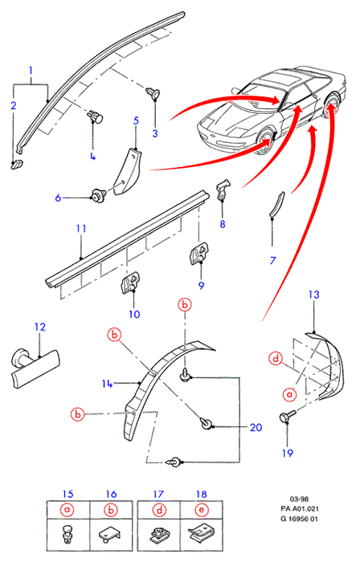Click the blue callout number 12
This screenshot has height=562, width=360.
[40, 327]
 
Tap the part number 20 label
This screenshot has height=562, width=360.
[256, 427]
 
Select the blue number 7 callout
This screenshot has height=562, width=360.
[273, 260]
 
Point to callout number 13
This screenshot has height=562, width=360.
[313, 295]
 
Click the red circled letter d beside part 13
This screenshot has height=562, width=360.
[276, 358]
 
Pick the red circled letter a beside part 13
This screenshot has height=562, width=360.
[289, 394]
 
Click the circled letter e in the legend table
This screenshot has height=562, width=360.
[202, 510]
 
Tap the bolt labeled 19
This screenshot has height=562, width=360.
[287, 416]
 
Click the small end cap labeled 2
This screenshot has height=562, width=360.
[17, 165]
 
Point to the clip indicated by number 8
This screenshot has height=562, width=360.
[223, 189]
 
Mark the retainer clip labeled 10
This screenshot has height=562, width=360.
[130, 283]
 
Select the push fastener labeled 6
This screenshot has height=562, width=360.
[98, 195]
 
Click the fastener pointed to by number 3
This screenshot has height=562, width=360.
[153, 92]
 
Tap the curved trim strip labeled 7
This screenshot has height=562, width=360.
[276, 205]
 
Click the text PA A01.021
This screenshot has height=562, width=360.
[300, 508]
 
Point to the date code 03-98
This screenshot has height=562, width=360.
[299, 499]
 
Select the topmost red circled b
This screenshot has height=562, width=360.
[185, 304]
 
